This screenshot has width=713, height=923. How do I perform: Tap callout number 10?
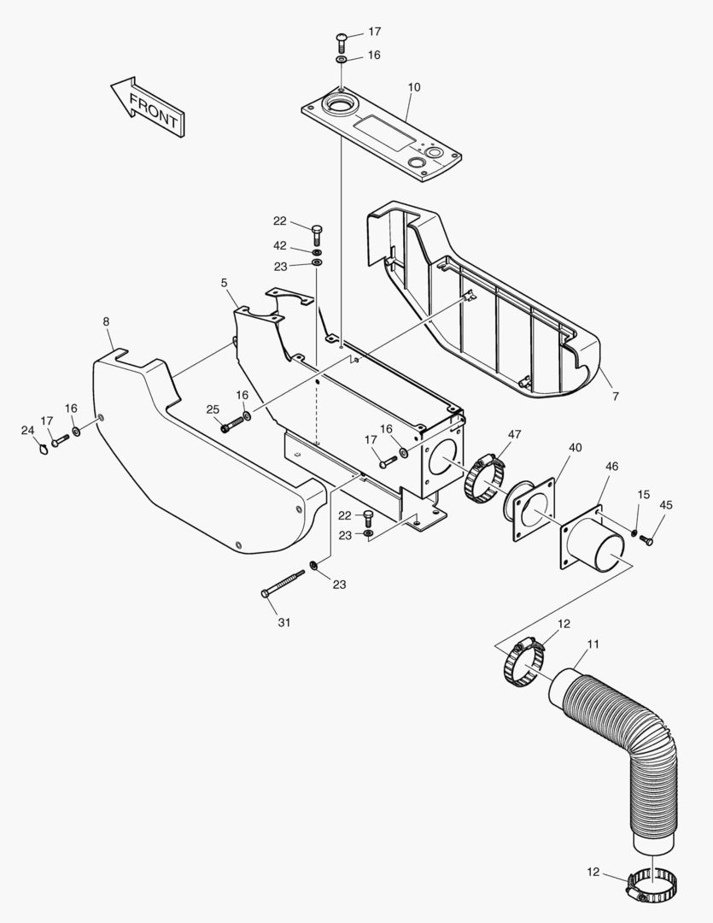click(414, 88)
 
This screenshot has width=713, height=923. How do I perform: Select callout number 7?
click(615, 396)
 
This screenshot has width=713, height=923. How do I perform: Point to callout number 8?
click(106, 321)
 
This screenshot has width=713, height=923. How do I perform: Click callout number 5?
click(225, 281)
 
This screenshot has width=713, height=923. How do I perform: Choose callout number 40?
click(575, 447)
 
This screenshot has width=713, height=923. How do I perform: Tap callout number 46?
click(611, 466)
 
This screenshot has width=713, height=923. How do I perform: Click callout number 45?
click(665, 505)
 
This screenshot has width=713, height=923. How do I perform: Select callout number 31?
click(284, 622)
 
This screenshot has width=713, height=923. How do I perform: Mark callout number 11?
click(593, 643)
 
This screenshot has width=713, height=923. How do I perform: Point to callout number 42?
click(279, 245)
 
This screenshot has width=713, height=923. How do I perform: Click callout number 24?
click(27, 430)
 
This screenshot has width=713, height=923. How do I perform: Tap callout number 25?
click(213, 410)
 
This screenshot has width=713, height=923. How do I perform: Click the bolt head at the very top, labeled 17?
click(342, 38)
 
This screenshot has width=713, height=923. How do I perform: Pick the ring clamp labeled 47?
click(484, 481)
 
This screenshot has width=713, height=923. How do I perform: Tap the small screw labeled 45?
click(646, 539)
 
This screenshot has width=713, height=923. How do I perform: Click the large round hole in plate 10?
click(343, 109)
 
